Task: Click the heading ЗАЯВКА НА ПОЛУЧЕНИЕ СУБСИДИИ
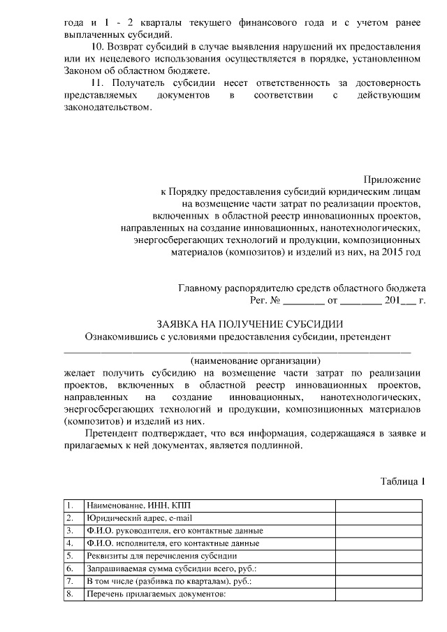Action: [x=249, y=323]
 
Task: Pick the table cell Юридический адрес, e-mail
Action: [x=135, y=518]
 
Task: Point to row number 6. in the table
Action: [x=70, y=568]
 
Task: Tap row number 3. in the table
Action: [x=70, y=531]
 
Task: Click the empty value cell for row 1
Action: [x=379, y=505]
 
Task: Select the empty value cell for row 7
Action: [x=379, y=581]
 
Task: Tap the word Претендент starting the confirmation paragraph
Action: [x=114, y=434]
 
